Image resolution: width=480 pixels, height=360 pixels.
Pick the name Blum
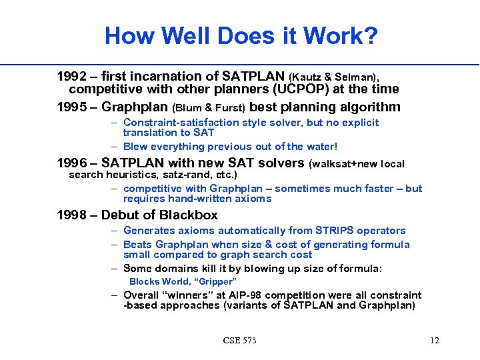pos(188,107)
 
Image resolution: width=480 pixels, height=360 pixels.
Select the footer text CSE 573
pos(239,341)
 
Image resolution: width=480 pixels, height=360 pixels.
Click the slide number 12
pos(435,341)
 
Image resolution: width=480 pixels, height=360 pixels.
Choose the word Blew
pos(137,146)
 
